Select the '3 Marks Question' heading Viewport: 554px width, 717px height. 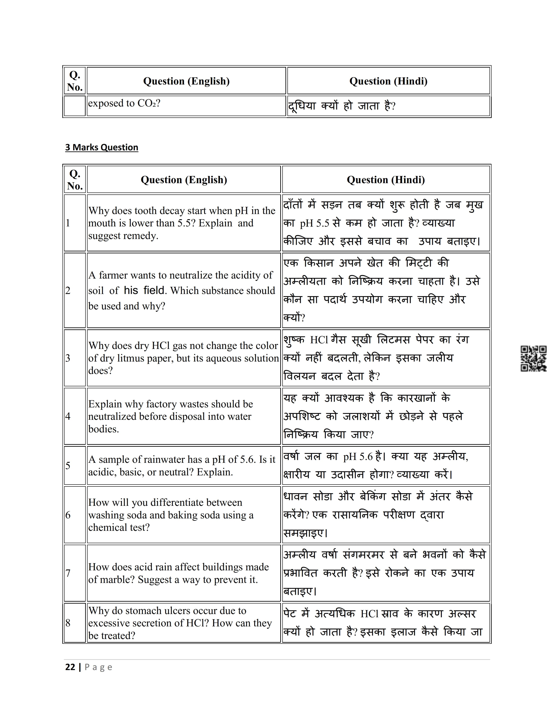click(101, 147)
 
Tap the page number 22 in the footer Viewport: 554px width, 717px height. click(70, 667)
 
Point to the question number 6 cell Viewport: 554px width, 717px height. click(75, 515)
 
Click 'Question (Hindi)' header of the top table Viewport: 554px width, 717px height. click(388, 81)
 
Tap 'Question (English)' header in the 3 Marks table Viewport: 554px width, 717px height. click(184, 180)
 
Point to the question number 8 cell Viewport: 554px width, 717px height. click(75, 622)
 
